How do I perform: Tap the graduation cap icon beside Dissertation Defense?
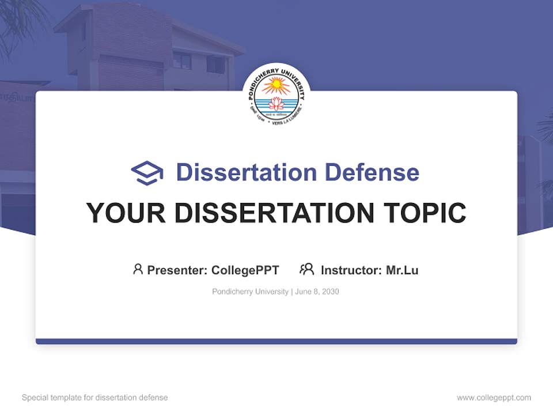[147, 173]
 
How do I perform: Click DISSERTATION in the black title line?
[275, 213]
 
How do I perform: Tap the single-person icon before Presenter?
[138, 269]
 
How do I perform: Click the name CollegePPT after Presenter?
[245, 270]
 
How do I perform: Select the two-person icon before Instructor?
[306, 269]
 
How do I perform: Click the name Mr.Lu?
[402, 270]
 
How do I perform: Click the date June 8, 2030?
[317, 292]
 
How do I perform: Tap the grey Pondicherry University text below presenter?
[250, 292]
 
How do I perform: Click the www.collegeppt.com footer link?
[494, 398]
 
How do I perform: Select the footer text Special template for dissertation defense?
[95, 398]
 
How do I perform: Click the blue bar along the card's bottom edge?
[276, 342]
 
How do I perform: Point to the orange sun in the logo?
[276, 86]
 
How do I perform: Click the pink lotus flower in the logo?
[276, 104]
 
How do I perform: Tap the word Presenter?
[177, 270]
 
